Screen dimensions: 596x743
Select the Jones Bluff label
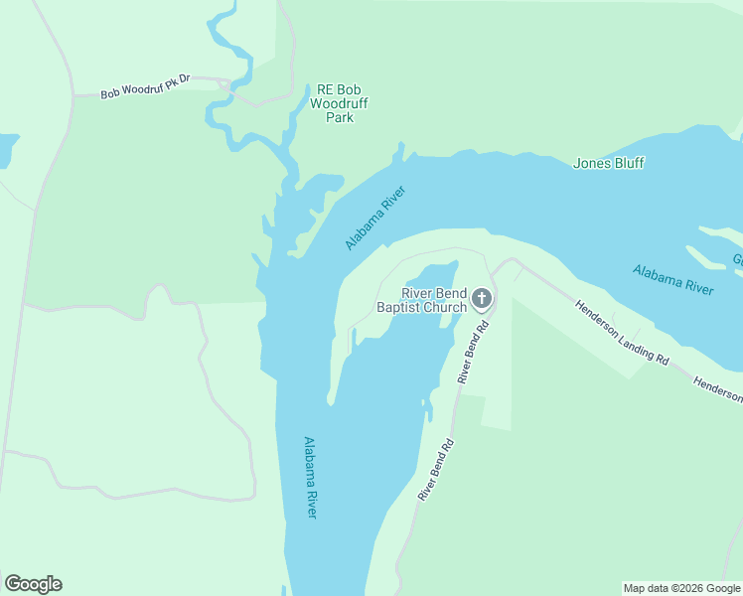[x=609, y=163]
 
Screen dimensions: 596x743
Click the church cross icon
[x=482, y=298]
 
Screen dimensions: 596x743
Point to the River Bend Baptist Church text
[x=421, y=300]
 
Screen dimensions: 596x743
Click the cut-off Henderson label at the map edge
[x=717, y=389]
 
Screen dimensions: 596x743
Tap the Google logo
[x=33, y=584]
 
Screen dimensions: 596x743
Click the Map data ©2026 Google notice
[x=680, y=588]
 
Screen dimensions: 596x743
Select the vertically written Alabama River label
[x=311, y=477]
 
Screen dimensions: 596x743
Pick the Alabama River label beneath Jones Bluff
[x=673, y=280]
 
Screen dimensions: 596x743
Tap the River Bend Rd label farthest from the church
[x=436, y=469]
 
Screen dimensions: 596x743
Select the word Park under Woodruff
[x=340, y=117]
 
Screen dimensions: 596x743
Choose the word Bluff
[x=627, y=163]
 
